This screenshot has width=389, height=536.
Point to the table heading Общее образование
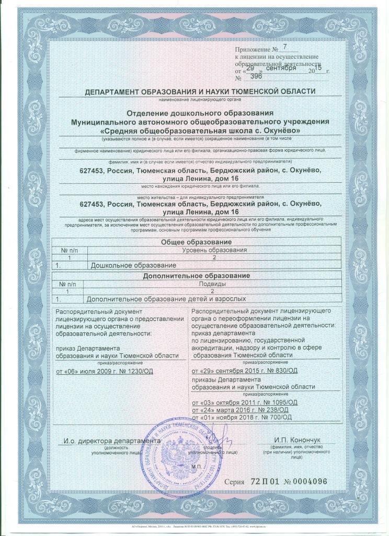(x=196, y=243)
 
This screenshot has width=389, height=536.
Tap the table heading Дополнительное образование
(x=196, y=275)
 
